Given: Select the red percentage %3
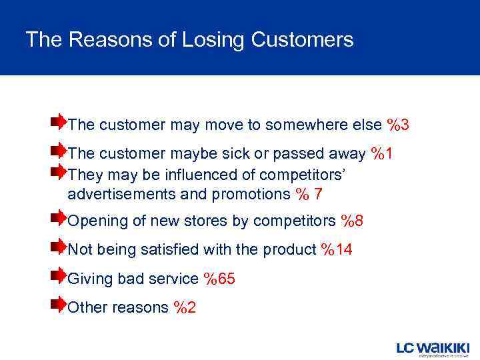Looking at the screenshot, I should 397,125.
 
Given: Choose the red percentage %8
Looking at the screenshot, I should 351,221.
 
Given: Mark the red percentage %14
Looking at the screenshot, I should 337,250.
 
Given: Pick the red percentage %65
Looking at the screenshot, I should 219,279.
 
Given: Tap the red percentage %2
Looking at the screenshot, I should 185,307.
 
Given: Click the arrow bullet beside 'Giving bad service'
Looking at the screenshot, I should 58,275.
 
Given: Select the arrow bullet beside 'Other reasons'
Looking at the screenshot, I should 58,304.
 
